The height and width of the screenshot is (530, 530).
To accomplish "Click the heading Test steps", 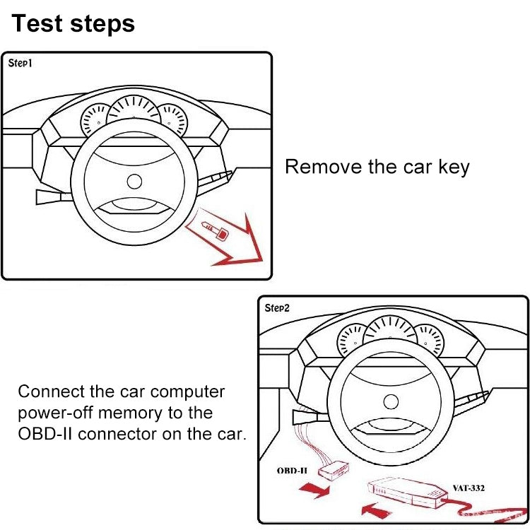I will tap(73, 23).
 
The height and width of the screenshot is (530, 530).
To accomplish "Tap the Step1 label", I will tap(20, 63).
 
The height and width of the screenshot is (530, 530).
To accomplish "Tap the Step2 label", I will tap(277, 307).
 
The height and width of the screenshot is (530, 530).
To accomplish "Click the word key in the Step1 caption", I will tap(452, 167).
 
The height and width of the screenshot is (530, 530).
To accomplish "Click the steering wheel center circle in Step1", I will tap(134, 182).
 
